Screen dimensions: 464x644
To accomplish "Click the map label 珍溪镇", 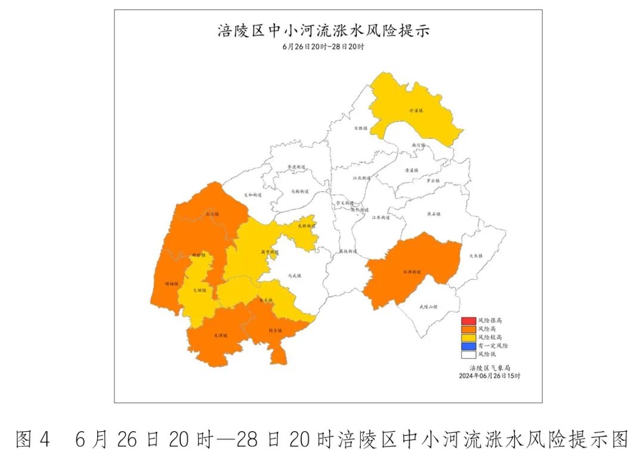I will pyautogui.click(x=415, y=110).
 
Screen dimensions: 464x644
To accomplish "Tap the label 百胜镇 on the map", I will pyautogui.click(x=361, y=128).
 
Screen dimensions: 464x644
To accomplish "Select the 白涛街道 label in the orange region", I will pyautogui.click(x=412, y=272).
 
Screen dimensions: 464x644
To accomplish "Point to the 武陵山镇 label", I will pyautogui.click(x=428, y=307).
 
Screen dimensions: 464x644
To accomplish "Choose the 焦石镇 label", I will pyautogui.click(x=434, y=214).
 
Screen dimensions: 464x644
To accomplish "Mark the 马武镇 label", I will pyautogui.click(x=295, y=276).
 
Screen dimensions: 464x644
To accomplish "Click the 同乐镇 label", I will pyautogui.click(x=275, y=330).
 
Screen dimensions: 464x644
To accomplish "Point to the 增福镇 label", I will pyautogui.click(x=171, y=285).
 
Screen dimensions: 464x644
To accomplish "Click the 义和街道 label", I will pyautogui.click(x=253, y=195).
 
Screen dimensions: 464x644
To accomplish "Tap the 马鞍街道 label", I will pyautogui.click(x=299, y=192).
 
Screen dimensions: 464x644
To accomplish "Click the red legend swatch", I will pyautogui.click(x=467, y=321).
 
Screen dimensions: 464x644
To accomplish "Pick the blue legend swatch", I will pyautogui.click(x=467, y=346).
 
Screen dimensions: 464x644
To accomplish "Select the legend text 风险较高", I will pyautogui.click(x=490, y=337).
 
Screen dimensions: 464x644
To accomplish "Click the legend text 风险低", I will pyautogui.click(x=487, y=354).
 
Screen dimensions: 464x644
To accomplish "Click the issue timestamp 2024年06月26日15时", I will pyautogui.click(x=490, y=376).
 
